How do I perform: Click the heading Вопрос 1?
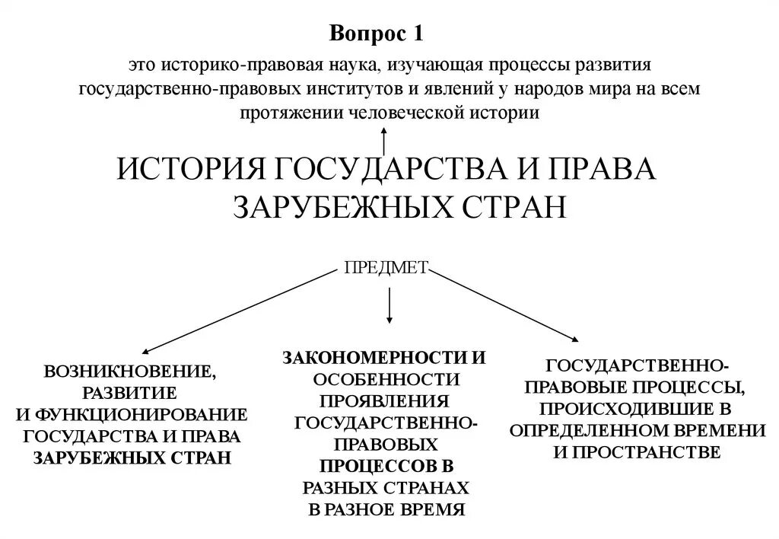click(x=376, y=34)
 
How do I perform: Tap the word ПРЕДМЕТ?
click(x=387, y=267)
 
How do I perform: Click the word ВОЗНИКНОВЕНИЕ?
click(x=129, y=372)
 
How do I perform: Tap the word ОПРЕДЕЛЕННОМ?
click(x=591, y=429)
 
